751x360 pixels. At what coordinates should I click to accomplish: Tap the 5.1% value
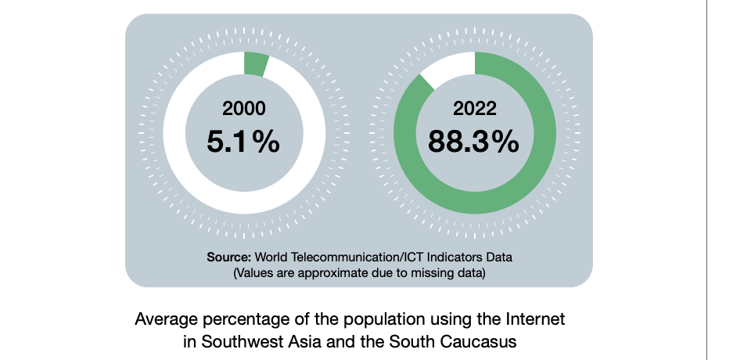point(244,142)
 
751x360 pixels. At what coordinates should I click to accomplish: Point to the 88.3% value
point(474,142)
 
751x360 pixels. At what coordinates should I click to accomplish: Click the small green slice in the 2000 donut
point(255,64)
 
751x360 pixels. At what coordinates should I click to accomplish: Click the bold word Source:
point(228,257)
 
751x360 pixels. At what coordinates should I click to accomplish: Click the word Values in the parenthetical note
point(253,272)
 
